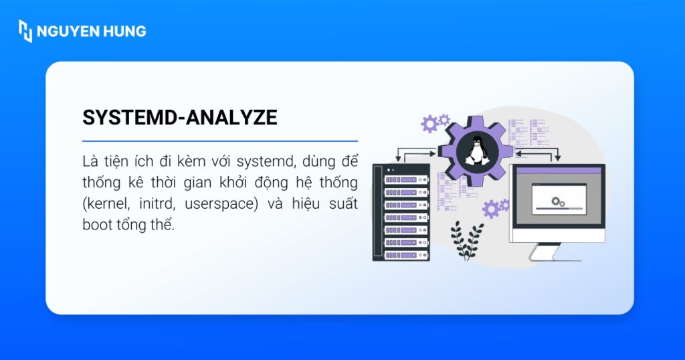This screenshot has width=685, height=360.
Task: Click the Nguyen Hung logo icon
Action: [x=25, y=31]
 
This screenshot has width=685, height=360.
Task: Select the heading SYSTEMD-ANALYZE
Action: [x=179, y=118]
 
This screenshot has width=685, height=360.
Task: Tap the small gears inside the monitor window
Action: [x=557, y=200]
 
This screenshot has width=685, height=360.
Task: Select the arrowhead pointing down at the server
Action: [x=399, y=159]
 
